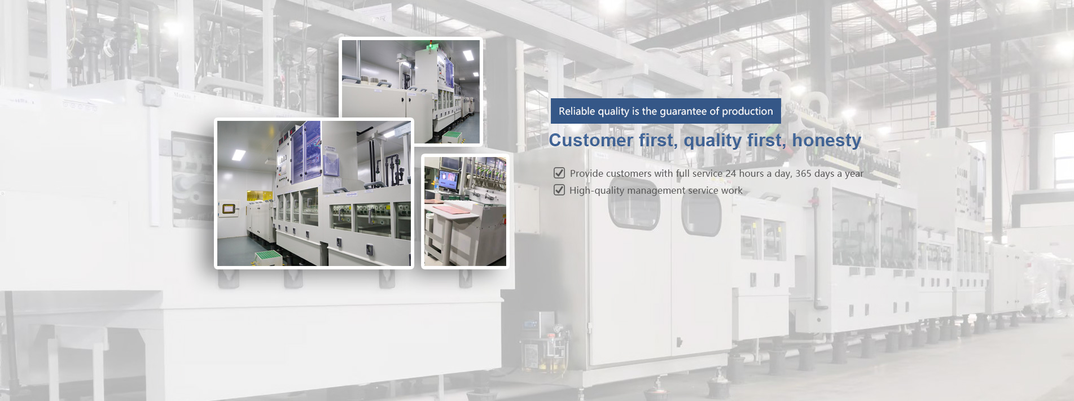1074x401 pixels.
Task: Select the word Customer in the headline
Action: click(591, 140)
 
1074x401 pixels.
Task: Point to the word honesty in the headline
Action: click(827, 141)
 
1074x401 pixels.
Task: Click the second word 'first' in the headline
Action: click(766, 140)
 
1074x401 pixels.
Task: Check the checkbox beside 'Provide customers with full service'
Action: click(559, 173)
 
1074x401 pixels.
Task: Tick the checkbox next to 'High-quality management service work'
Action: click(559, 190)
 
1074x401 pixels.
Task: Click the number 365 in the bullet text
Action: click(804, 173)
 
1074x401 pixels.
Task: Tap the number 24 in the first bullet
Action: click(731, 173)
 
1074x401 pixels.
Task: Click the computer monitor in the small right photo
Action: click(449, 181)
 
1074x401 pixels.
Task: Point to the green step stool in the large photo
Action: click(269, 257)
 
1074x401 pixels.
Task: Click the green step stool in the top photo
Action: click(453, 137)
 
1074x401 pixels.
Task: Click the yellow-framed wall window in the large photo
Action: click(229, 210)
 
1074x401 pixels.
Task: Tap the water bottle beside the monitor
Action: click(436, 185)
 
